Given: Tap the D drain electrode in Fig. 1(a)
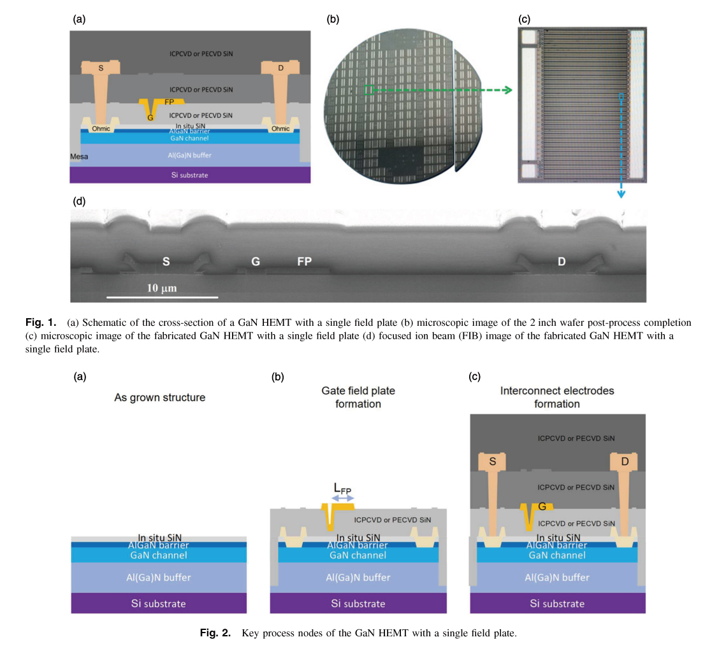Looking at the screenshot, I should click(279, 67).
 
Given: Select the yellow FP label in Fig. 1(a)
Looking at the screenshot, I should click(170, 102).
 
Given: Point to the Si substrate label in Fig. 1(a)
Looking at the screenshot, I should click(190, 175).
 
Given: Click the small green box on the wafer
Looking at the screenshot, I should click(368, 91).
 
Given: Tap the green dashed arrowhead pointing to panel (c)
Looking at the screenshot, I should click(507, 91).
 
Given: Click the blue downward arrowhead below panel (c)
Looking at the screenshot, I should click(620, 194).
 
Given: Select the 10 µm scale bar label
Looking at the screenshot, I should click(162, 289).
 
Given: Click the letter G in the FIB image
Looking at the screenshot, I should click(255, 261).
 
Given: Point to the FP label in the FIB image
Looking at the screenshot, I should click(304, 261).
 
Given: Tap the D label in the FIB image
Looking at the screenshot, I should click(562, 261).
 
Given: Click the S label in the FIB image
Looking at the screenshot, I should click(166, 261).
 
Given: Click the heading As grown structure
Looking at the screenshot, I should click(159, 398).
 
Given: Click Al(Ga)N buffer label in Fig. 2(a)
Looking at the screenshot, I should click(159, 578).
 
